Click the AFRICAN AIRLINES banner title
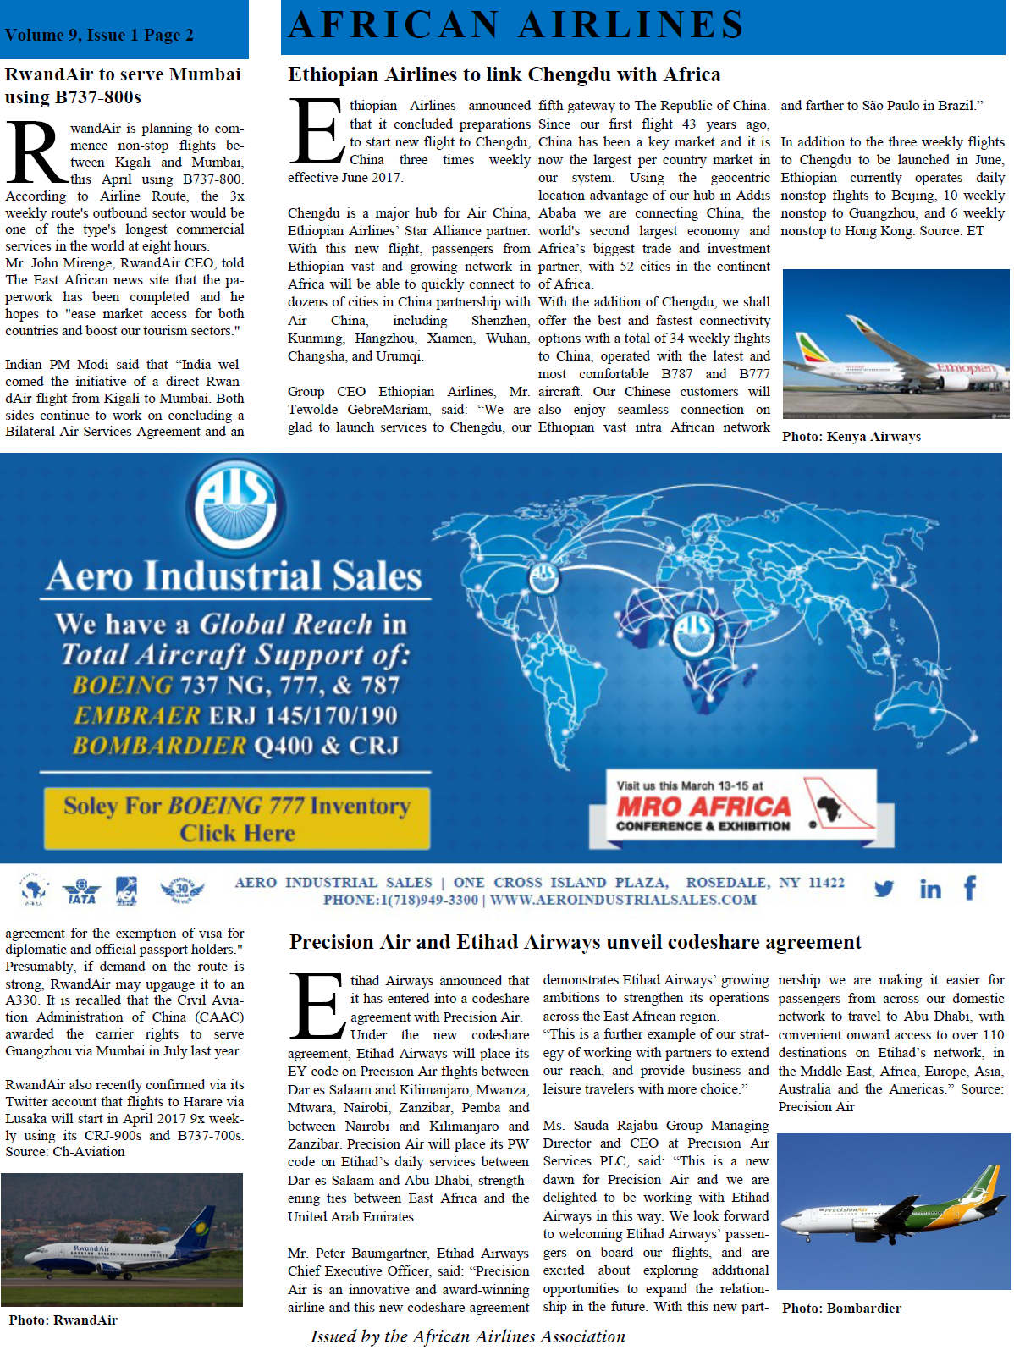(515, 25)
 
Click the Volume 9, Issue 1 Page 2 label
(99, 36)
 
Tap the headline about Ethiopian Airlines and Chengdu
(504, 74)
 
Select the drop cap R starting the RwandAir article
(36, 153)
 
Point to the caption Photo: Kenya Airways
(851, 437)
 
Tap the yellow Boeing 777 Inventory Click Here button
(236, 818)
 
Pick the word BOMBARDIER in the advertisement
(159, 746)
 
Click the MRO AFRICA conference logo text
(703, 807)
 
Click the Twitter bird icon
(884, 889)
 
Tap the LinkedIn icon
(929, 889)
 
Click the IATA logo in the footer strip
(81, 890)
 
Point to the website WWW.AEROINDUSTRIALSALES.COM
(623, 900)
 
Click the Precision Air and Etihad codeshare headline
(575, 942)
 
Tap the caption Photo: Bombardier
(840, 1309)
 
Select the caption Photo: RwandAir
(63, 1320)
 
